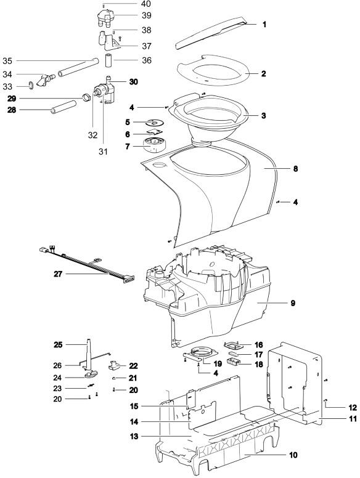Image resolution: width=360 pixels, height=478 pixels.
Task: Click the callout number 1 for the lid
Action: coord(264,24)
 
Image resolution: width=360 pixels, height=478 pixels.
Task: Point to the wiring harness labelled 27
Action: coord(87,264)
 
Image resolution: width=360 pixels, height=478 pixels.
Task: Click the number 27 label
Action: coord(58,274)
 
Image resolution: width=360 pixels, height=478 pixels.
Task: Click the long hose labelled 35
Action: coord(78,67)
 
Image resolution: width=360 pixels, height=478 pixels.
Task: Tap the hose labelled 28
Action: coord(63,107)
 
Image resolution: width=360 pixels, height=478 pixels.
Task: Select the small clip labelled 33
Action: coord(31,86)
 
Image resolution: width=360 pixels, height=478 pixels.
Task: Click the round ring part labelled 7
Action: coord(154,145)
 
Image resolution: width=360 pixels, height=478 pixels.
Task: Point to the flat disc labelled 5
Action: coord(154,123)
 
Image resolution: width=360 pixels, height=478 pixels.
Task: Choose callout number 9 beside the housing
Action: coord(293,303)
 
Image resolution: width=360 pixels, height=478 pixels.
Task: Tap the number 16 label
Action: coord(258,345)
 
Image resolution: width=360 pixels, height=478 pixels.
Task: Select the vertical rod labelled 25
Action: coord(89,354)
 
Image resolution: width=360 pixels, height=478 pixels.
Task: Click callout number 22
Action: coord(133,365)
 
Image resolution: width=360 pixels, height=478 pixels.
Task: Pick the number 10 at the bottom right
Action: coord(293,455)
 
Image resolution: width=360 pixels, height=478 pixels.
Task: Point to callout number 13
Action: coord(134,436)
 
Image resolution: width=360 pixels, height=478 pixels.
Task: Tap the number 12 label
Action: coord(353,408)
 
